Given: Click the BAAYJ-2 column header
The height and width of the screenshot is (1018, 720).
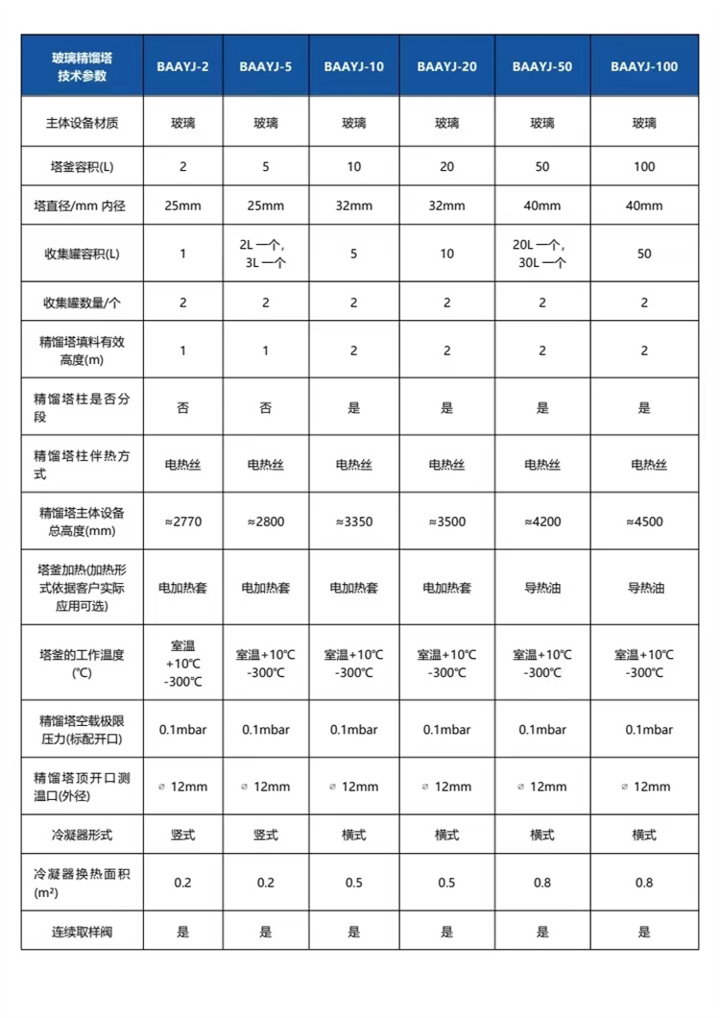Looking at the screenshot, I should tap(183, 66).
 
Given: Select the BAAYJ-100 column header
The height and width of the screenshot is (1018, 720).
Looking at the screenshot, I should tap(644, 66).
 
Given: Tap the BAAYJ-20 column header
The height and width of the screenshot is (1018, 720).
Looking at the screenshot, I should tap(446, 66).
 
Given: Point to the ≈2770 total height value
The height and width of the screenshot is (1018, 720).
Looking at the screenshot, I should tap(183, 521).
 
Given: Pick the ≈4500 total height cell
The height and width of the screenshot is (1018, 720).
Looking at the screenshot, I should tap(644, 521).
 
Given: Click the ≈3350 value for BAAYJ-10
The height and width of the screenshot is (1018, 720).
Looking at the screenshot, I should tap(353, 521).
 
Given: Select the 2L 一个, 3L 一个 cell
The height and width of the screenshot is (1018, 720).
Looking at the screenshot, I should tap(266, 254).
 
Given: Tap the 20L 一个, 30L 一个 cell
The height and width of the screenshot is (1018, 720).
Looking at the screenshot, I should tap(542, 254).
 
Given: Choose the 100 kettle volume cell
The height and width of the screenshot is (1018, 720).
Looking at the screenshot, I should tap(644, 166).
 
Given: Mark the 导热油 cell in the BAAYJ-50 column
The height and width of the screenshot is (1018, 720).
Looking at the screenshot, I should tap(542, 587).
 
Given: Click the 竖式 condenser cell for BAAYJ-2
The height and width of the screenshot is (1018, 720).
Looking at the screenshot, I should tap(183, 835).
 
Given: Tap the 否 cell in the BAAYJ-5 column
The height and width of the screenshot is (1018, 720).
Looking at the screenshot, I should tap(266, 407).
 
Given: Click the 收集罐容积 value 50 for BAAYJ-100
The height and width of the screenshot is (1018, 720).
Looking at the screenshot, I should tap(644, 254).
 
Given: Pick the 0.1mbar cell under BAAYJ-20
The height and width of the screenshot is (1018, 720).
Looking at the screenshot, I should tap(446, 730).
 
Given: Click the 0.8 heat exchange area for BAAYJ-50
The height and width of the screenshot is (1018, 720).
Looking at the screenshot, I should tap(542, 883).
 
